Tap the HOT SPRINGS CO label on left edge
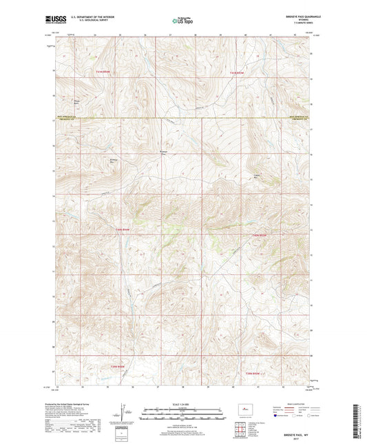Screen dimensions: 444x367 [x=70, y=117]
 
